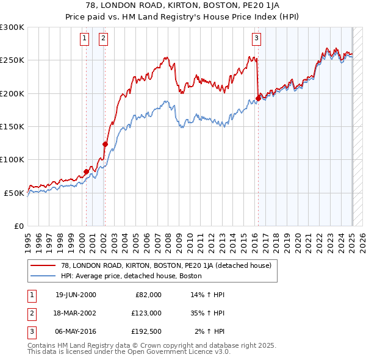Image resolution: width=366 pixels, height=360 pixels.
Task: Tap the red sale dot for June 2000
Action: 86,171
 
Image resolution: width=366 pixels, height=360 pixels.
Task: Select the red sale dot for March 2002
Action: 105,145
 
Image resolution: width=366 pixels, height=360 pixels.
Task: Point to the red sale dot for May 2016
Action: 258,98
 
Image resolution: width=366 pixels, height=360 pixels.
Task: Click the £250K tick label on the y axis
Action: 13,60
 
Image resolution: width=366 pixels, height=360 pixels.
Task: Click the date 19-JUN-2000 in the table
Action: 76,295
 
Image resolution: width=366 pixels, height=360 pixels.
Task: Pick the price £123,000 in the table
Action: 146,313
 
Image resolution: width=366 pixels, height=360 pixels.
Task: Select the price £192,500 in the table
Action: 146,331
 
